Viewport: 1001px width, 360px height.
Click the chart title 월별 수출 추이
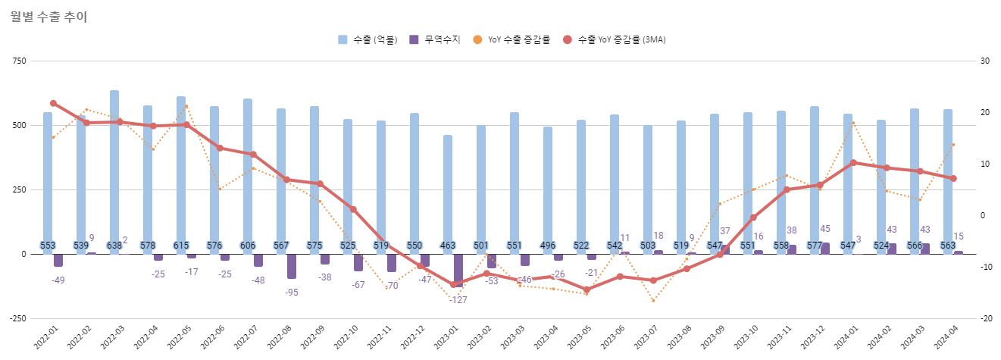[x=49, y=17]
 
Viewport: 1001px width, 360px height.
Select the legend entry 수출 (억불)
[x=368, y=39]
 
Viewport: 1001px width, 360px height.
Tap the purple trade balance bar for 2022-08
[x=292, y=266]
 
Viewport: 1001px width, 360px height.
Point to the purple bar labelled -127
[x=458, y=270]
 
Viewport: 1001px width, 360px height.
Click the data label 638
[x=114, y=246]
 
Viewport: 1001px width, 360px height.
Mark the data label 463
[x=448, y=246]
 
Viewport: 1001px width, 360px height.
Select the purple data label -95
[x=291, y=292]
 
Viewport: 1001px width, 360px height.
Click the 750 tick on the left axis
[x=17, y=61]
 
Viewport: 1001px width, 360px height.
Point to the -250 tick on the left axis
[x=16, y=318]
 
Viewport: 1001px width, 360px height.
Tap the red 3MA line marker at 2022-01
[x=53, y=103]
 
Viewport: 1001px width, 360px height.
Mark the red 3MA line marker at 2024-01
[x=853, y=162]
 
